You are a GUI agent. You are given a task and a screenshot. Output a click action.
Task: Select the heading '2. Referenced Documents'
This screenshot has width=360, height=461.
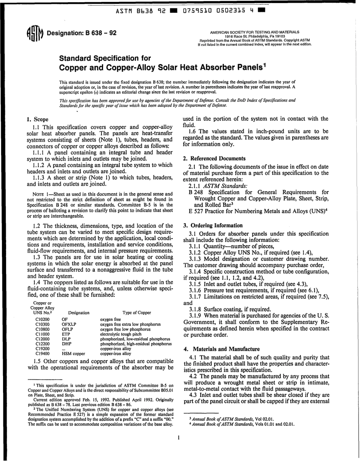(214, 158)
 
